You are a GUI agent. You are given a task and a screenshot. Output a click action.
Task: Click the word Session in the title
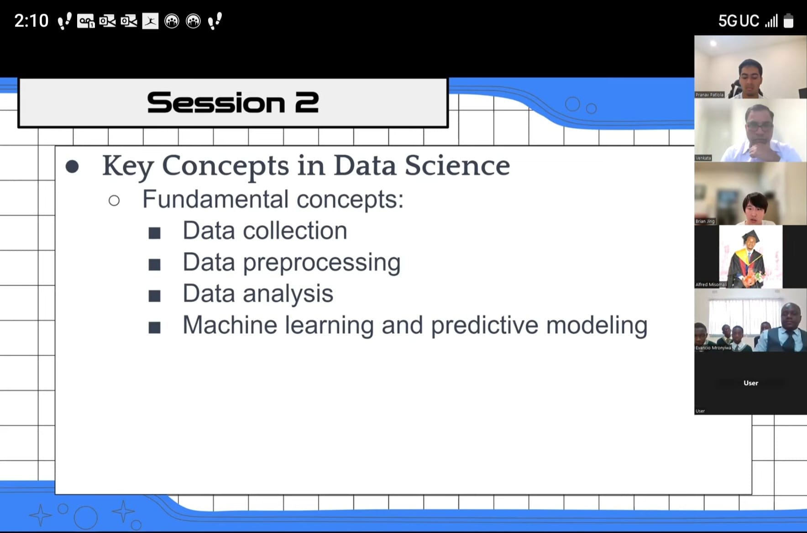pos(216,102)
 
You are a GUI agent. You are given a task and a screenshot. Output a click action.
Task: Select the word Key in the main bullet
pos(127,166)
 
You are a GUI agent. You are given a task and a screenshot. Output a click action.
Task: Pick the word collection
pos(295,230)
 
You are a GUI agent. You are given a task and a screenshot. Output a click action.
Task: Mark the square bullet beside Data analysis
pos(155,296)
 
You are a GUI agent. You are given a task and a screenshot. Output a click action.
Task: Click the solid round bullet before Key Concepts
pos(72,166)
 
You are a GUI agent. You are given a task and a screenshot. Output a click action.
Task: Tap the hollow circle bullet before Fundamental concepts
pos(114,201)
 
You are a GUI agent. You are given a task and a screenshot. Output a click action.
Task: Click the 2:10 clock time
pos(31,21)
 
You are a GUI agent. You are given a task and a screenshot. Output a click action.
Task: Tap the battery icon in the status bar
pos(788,21)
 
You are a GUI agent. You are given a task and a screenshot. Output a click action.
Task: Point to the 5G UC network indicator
pos(739,21)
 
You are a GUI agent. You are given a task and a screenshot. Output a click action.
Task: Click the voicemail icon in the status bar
pos(86,21)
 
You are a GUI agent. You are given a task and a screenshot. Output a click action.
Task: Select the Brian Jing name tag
pos(705,222)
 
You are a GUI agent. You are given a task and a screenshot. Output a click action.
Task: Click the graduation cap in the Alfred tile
pos(750,237)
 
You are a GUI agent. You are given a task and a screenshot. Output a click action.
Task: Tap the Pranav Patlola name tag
pos(709,95)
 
